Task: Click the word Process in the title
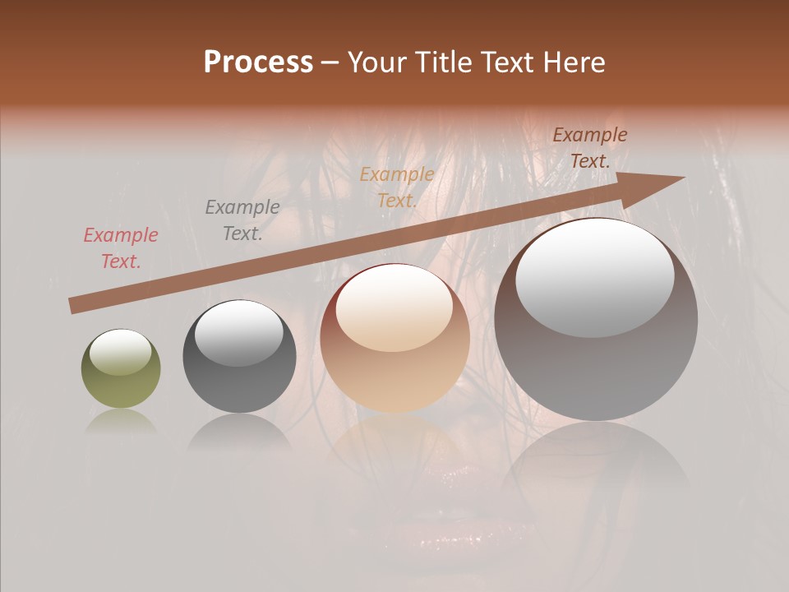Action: (x=258, y=62)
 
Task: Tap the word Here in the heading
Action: (x=573, y=62)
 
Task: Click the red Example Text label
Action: (x=121, y=248)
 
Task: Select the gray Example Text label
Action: (x=242, y=220)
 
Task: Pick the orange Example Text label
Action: (x=397, y=187)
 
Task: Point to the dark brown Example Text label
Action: (x=590, y=148)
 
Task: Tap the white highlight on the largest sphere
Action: (x=595, y=275)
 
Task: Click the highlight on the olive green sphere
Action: (x=121, y=353)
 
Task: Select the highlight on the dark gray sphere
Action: (x=238, y=332)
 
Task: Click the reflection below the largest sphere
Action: (x=597, y=460)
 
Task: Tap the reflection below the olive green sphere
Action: (x=121, y=422)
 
